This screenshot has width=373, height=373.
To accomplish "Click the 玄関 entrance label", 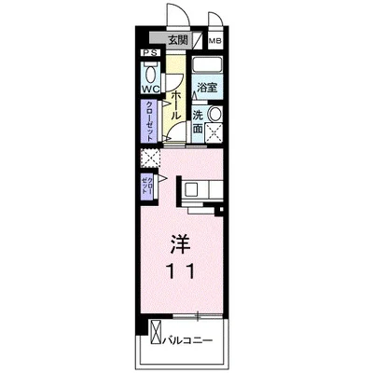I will pos(180,40).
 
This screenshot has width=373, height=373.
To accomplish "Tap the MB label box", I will pos(214,41).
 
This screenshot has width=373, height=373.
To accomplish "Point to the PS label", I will pos(147,54).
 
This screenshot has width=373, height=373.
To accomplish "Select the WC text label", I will pos(149,90).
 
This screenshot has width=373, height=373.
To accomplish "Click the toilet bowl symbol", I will pos(149,72).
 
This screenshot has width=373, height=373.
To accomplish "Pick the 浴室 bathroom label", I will pos(206,87).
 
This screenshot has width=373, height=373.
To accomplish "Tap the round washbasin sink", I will pos(215,115).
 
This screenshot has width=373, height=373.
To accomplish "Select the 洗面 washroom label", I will pos(199,122).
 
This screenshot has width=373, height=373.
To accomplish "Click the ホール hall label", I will pos(175,103).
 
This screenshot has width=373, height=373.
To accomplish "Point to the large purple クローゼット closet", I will pos(149,120).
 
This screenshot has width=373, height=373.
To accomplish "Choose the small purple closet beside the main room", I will pos(147,183).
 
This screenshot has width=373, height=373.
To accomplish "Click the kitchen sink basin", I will pos(189,189).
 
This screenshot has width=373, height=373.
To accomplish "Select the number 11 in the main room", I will pos(180,271).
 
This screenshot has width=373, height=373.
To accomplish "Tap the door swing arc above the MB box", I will pos(214,21).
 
